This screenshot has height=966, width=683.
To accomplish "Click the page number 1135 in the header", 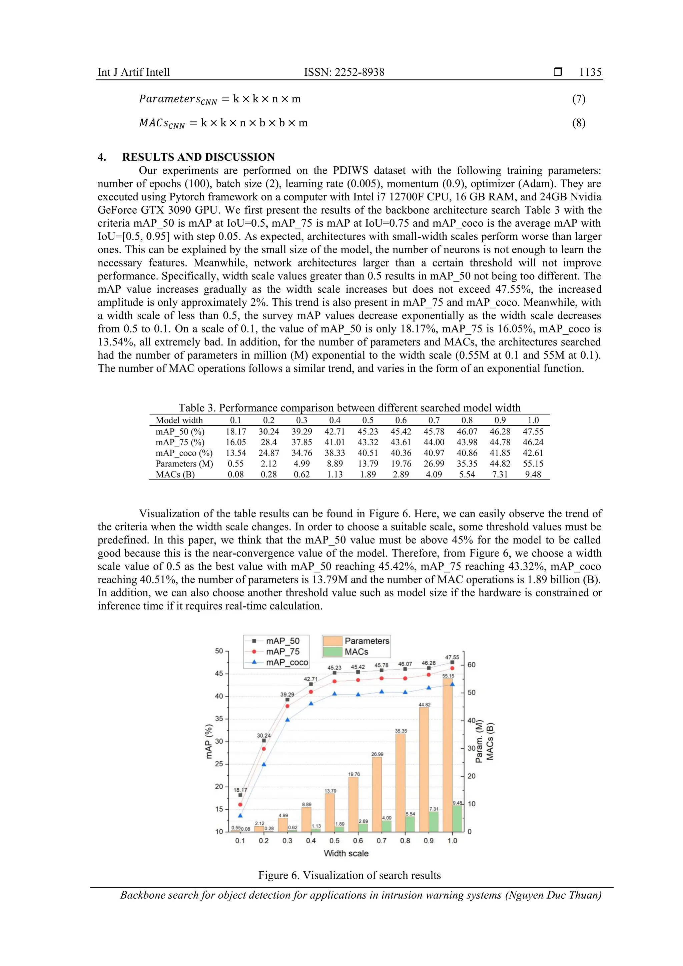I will (590, 72).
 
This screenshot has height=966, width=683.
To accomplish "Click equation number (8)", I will (578, 123).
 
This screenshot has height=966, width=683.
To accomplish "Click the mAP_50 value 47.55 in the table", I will (533, 432).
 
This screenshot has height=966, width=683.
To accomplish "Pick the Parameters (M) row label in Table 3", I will (184, 463).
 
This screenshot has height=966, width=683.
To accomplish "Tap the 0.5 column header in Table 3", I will (368, 420).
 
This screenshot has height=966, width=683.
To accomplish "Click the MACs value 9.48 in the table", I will (533, 474).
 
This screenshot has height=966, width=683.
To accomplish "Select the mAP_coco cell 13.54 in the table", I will (236, 453).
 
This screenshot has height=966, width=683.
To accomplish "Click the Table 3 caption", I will (349, 408).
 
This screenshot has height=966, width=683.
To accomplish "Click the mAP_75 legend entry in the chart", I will (282, 652).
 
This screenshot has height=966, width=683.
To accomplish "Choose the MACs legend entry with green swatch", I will (356, 652).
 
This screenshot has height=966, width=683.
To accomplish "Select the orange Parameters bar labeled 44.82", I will (424, 770).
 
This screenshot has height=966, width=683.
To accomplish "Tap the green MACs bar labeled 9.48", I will (457, 818).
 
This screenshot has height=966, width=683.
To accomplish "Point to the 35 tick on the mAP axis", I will (219, 719).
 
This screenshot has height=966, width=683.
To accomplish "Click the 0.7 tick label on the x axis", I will (381, 841).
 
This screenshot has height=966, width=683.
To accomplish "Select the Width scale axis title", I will (346, 853).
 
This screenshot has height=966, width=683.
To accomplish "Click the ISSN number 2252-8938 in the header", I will (359, 72).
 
